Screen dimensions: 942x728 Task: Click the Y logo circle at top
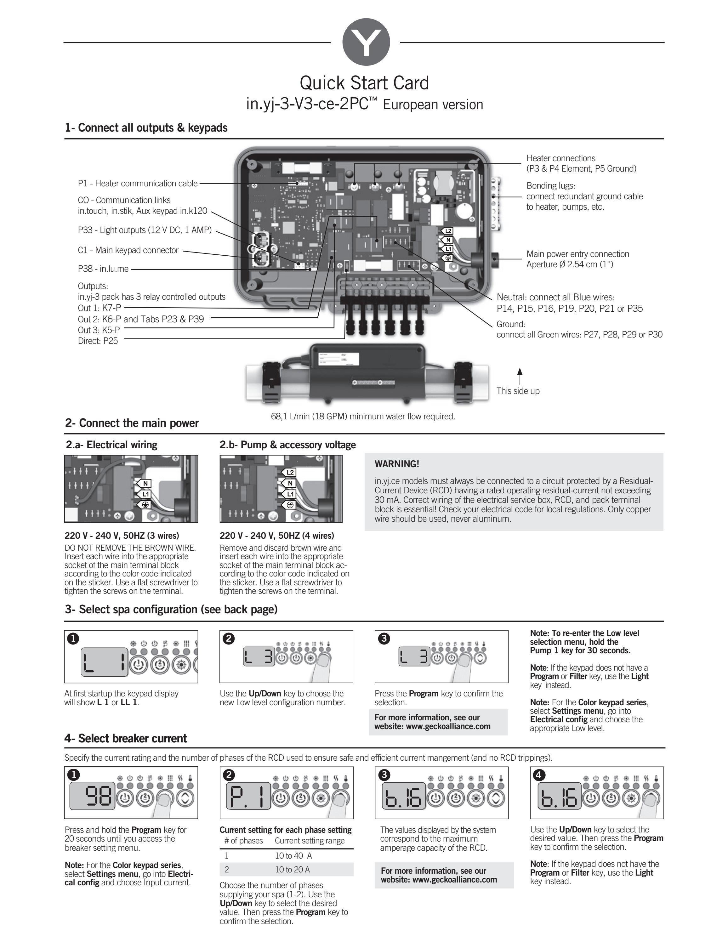pyautogui.click(x=366, y=42)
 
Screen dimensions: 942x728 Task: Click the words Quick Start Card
pyautogui.click(x=364, y=82)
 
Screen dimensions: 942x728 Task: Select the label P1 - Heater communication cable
pyautogui.click(x=138, y=183)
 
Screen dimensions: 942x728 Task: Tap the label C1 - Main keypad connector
pyautogui.click(x=128, y=250)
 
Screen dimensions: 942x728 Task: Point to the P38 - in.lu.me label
pyautogui.click(x=103, y=269)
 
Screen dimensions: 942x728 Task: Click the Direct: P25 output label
pyautogui.click(x=98, y=341)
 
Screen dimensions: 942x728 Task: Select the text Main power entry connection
pyautogui.click(x=577, y=254)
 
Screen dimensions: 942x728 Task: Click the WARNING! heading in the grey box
pyautogui.click(x=397, y=464)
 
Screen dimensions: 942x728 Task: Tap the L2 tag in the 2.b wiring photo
pyautogui.click(x=290, y=473)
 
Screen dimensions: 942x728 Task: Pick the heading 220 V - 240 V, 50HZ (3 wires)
pyautogui.click(x=122, y=536)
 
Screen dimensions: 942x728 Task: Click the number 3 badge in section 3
pyautogui.click(x=384, y=639)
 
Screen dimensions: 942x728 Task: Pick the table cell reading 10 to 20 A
pyautogui.click(x=293, y=870)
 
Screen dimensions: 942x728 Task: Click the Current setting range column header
pyautogui.click(x=309, y=841)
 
